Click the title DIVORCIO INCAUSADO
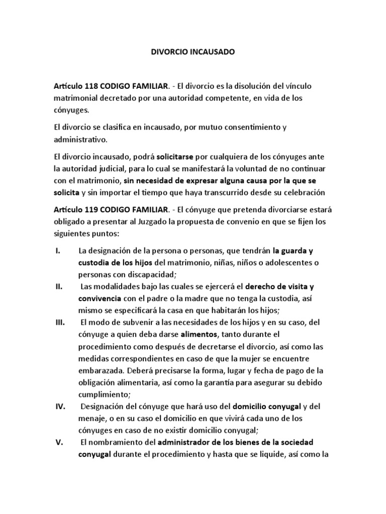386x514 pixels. coord(192,52)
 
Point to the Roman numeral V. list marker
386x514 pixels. coord(58,443)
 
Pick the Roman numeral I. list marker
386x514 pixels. coord(57,250)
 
